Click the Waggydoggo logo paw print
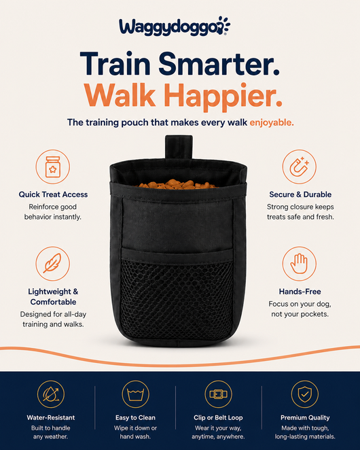click(x=223, y=25)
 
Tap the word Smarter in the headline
click(x=219, y=63)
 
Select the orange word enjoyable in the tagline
click(x=272, y=122)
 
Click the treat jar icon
click(x=53, y=167)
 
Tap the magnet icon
click(x=299, y=167)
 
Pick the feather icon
click(x=53, y=264)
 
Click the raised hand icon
click(x=299, y=264)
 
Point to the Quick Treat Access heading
click(x=53, y=194)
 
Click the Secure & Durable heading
click(x=300, y=194)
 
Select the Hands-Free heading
click(x=300, y=292)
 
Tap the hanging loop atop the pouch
click(x=179, y=147)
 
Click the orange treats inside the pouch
click(x=177, y=184)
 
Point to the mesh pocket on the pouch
click(x=177, y=298)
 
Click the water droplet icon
click(x=51, y=394)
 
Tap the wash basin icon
click(x=135, y=394)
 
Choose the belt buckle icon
click(x=218, y=394)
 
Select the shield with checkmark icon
click(x=304, y=394)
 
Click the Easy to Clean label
click(x=135, y=417)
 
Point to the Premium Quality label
click(x=305, y=417)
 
